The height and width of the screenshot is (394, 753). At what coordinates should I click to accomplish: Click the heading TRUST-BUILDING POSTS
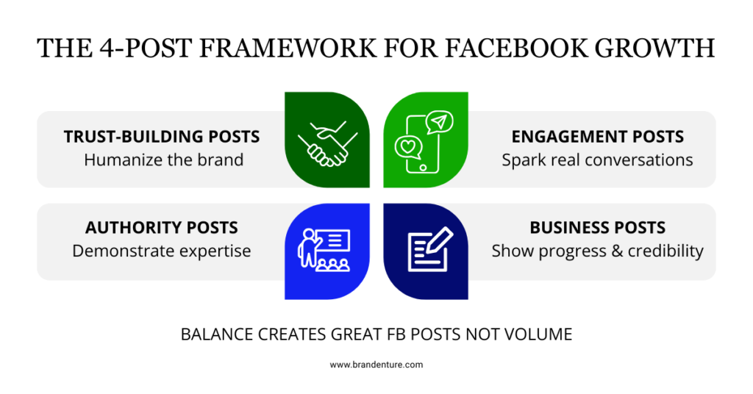(162, 137)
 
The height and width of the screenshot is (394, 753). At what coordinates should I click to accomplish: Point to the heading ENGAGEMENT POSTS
(597, 137)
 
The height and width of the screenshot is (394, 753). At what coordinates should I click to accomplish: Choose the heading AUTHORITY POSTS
(162, 227)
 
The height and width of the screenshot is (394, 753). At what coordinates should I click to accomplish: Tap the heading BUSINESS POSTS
(597, 227)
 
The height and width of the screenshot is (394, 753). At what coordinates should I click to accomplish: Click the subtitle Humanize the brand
(163, 160)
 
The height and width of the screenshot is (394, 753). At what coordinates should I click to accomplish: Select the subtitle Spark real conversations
(597, 160)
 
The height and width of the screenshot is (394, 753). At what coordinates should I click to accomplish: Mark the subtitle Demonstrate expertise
(162, 251)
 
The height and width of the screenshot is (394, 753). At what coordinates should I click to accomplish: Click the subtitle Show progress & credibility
(597, 251)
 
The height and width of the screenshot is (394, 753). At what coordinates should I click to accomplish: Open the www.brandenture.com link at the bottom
(376, 365)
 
